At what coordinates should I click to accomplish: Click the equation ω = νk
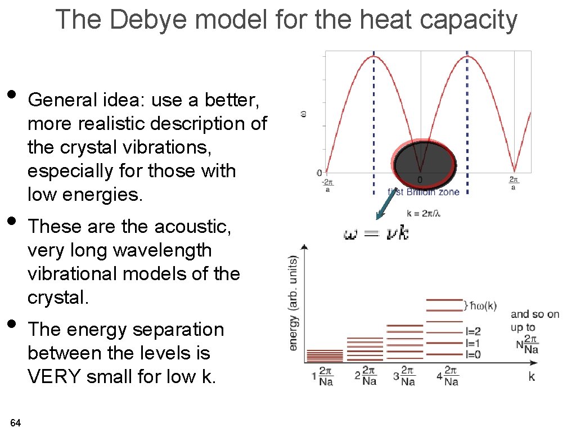(376, 233)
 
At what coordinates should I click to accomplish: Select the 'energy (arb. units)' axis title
(294, 303)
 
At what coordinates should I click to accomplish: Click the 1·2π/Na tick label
(322, 376)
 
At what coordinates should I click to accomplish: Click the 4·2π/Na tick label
(447, 376)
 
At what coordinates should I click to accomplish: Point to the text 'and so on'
(535, 314)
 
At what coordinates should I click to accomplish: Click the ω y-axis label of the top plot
(304, 114)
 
